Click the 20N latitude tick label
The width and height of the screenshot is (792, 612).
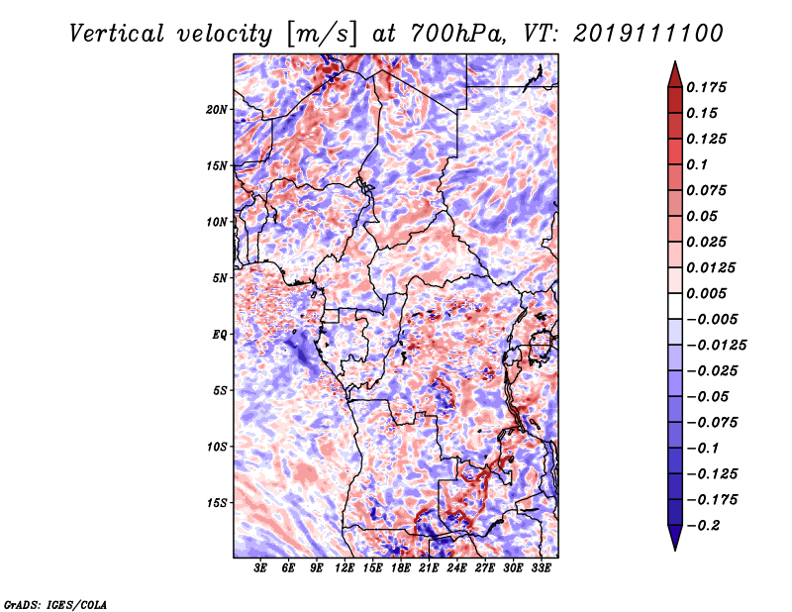click(217, 110)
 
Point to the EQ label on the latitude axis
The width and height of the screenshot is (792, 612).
click(219, 335)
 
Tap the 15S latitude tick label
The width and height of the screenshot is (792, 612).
click(217, 503)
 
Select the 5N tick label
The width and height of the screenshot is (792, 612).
click(220, 278)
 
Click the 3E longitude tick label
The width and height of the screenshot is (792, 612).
click(260, 567)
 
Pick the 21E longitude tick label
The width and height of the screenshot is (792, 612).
click(429, 567)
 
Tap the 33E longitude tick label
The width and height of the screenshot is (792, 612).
click(541, 567)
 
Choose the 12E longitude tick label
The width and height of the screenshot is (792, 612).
click(344, 567)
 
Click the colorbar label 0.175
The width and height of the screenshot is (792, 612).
click(706, 87)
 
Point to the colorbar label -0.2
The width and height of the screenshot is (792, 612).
click(701, 526)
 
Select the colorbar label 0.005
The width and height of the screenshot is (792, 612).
click(706, 293)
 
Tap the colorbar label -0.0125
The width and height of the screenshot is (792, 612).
click(716, 346)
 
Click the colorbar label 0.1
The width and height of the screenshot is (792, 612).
click(697, 164)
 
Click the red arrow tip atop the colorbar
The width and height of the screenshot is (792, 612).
click(675, 61)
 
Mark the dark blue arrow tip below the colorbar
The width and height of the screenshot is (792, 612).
click(675, 550)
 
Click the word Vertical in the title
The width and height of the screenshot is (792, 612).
click(117, 34)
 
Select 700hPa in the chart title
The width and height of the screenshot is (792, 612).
click(457, 34)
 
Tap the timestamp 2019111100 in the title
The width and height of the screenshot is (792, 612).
click(648, 34)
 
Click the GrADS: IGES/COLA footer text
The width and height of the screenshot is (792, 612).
click(55, 605)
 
